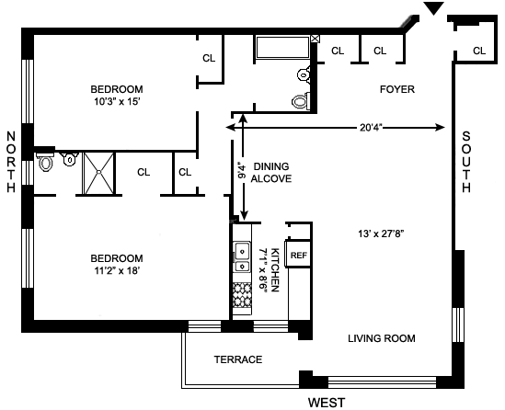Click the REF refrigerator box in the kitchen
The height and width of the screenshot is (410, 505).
click(x=298, y=255)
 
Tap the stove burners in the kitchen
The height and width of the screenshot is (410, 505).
click(x=242, y=294)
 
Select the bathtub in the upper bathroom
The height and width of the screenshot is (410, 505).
click(x=282, y=47)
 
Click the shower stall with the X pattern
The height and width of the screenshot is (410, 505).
click(x=98, y=174)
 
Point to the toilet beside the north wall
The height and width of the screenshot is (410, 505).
click(x=45, y=162)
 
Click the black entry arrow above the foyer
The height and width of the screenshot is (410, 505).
click(x=433, y=8)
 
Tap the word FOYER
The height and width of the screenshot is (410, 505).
click(x=397, y=89)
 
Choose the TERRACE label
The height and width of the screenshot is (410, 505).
click(x=238, y=359)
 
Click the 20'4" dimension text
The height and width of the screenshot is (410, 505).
click(x=371, y=128)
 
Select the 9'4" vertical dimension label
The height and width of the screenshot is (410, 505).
click(x=242, y=172)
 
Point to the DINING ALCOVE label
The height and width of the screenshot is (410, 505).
click(x=271, y=173)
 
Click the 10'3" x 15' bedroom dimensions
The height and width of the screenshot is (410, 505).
click(x=117, y=102)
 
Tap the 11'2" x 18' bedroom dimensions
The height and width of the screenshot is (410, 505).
click(x=117, y=270)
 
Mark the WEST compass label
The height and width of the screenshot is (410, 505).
click(x=327, y=403)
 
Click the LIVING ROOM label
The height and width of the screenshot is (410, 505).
click(x=382, y=338)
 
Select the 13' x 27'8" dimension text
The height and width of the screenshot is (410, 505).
click(x=381, y=233)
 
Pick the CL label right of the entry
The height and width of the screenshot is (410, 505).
click(x=479, y=51)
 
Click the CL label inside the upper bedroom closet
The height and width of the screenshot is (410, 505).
click(x=209, y=58)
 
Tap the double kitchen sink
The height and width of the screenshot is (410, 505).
click(x=242, y=256)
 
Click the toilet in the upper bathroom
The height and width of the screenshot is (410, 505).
click(x=301, y=101)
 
